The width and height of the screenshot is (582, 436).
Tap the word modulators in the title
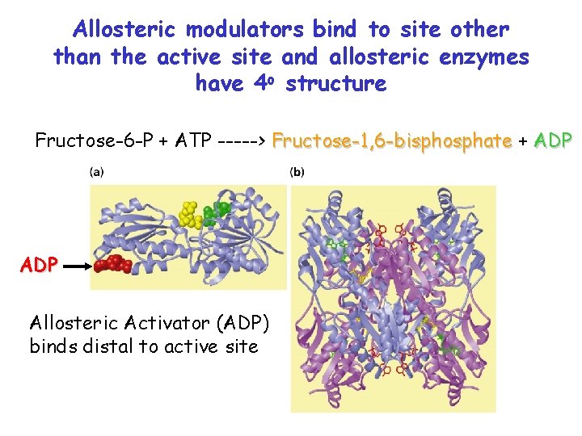[245, 30]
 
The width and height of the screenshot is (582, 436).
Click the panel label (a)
[96, 171]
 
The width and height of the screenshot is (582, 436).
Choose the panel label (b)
[297, 171]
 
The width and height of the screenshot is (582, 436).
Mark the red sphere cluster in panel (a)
[113, 264]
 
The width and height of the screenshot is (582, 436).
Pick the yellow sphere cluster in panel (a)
[192, 213]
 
